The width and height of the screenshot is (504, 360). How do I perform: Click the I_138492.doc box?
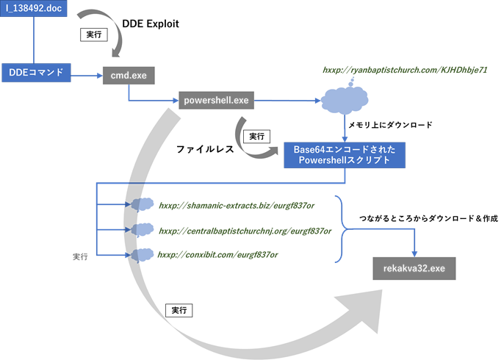[34, 10]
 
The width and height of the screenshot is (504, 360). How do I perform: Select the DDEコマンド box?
[35, 72]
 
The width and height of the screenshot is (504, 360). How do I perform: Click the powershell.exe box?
[215, 100]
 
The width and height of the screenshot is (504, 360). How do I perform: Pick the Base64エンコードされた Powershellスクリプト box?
[344, 155]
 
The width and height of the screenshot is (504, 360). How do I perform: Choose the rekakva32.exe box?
[415, 269]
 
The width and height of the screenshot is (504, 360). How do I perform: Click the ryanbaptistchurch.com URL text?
[405, 71]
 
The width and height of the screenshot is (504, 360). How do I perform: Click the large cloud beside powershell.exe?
[345, 99]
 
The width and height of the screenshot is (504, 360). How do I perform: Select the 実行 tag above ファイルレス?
[257, 136]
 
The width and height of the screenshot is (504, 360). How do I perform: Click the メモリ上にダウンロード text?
[400, 125]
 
